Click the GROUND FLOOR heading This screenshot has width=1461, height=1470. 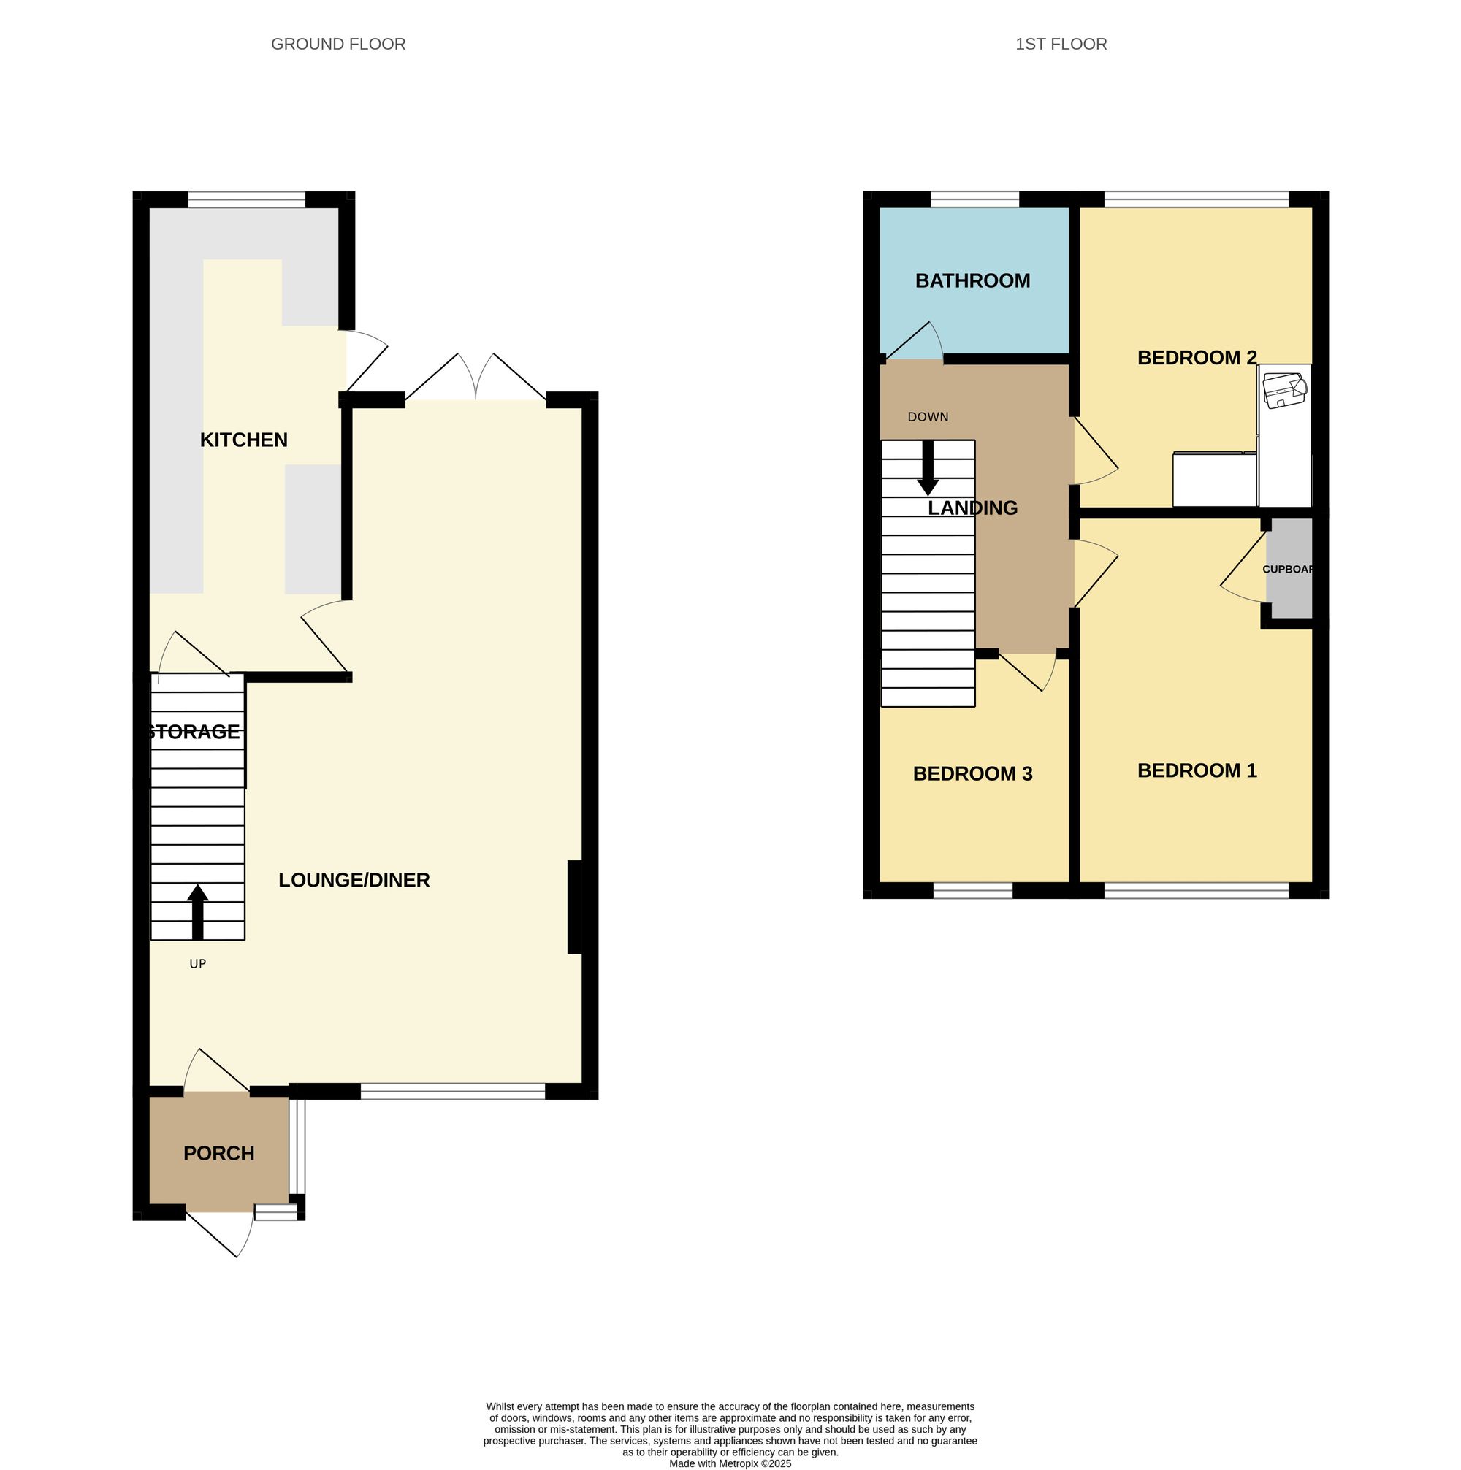[337, 44]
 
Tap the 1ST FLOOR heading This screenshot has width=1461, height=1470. [1061, 44]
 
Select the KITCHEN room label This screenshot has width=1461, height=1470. [243, 440]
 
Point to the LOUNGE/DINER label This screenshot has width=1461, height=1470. [354, 881]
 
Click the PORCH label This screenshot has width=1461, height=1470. [218, 1154]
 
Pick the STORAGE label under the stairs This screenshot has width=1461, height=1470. [194, 732]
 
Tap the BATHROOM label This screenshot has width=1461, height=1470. [972, 280]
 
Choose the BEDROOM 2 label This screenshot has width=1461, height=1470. [1197, 358]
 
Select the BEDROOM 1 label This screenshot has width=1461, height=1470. [1197, 770]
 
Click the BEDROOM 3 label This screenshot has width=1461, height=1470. [972, 774]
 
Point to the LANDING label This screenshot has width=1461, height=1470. [972, 508]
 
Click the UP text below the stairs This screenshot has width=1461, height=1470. [198, 964]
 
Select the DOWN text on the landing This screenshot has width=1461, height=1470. [928, 417]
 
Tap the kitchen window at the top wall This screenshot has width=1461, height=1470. [247, 200]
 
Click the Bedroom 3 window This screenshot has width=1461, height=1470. [972, 891]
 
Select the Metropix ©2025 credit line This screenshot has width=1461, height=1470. [730, 1463]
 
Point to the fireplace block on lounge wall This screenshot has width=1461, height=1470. [574, 906]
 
